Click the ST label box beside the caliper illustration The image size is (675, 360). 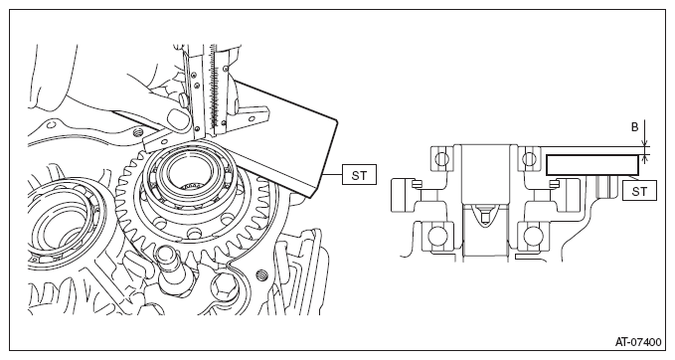[359, 174]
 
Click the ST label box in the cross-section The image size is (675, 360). [639, 191]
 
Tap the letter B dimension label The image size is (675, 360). [634, 127]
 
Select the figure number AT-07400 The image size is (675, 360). [638, 342]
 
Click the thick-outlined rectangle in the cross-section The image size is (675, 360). [592, 165]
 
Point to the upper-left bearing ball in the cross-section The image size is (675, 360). [441, 159]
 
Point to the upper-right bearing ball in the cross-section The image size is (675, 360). [529, 159]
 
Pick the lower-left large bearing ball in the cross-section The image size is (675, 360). [438, 236]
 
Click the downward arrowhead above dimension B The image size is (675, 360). [644, 143]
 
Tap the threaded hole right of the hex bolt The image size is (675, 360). [260, 273]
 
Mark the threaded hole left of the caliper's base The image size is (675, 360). [137, 132]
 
